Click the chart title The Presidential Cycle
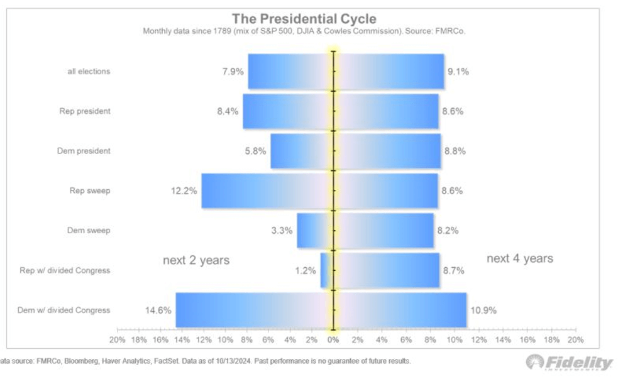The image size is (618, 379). pos(304,18)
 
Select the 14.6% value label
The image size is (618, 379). pos(158,310)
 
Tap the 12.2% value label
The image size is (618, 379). pos(184,190)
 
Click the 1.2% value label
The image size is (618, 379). pos(305,270)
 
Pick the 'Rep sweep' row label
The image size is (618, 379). pos(89,190)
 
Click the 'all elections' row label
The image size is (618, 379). pos(89,71)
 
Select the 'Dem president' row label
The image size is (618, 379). pos(85,151)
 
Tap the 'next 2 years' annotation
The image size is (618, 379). pos(196,260)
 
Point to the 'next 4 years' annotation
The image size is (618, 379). pos(520,258)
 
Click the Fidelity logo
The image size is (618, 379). pos(570,363)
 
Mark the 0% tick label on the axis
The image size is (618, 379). pos(333,339)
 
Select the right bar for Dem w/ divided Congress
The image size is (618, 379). pos(400,310)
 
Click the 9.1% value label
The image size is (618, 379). pos(458,71)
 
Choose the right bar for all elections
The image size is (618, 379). pos(389,71)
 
